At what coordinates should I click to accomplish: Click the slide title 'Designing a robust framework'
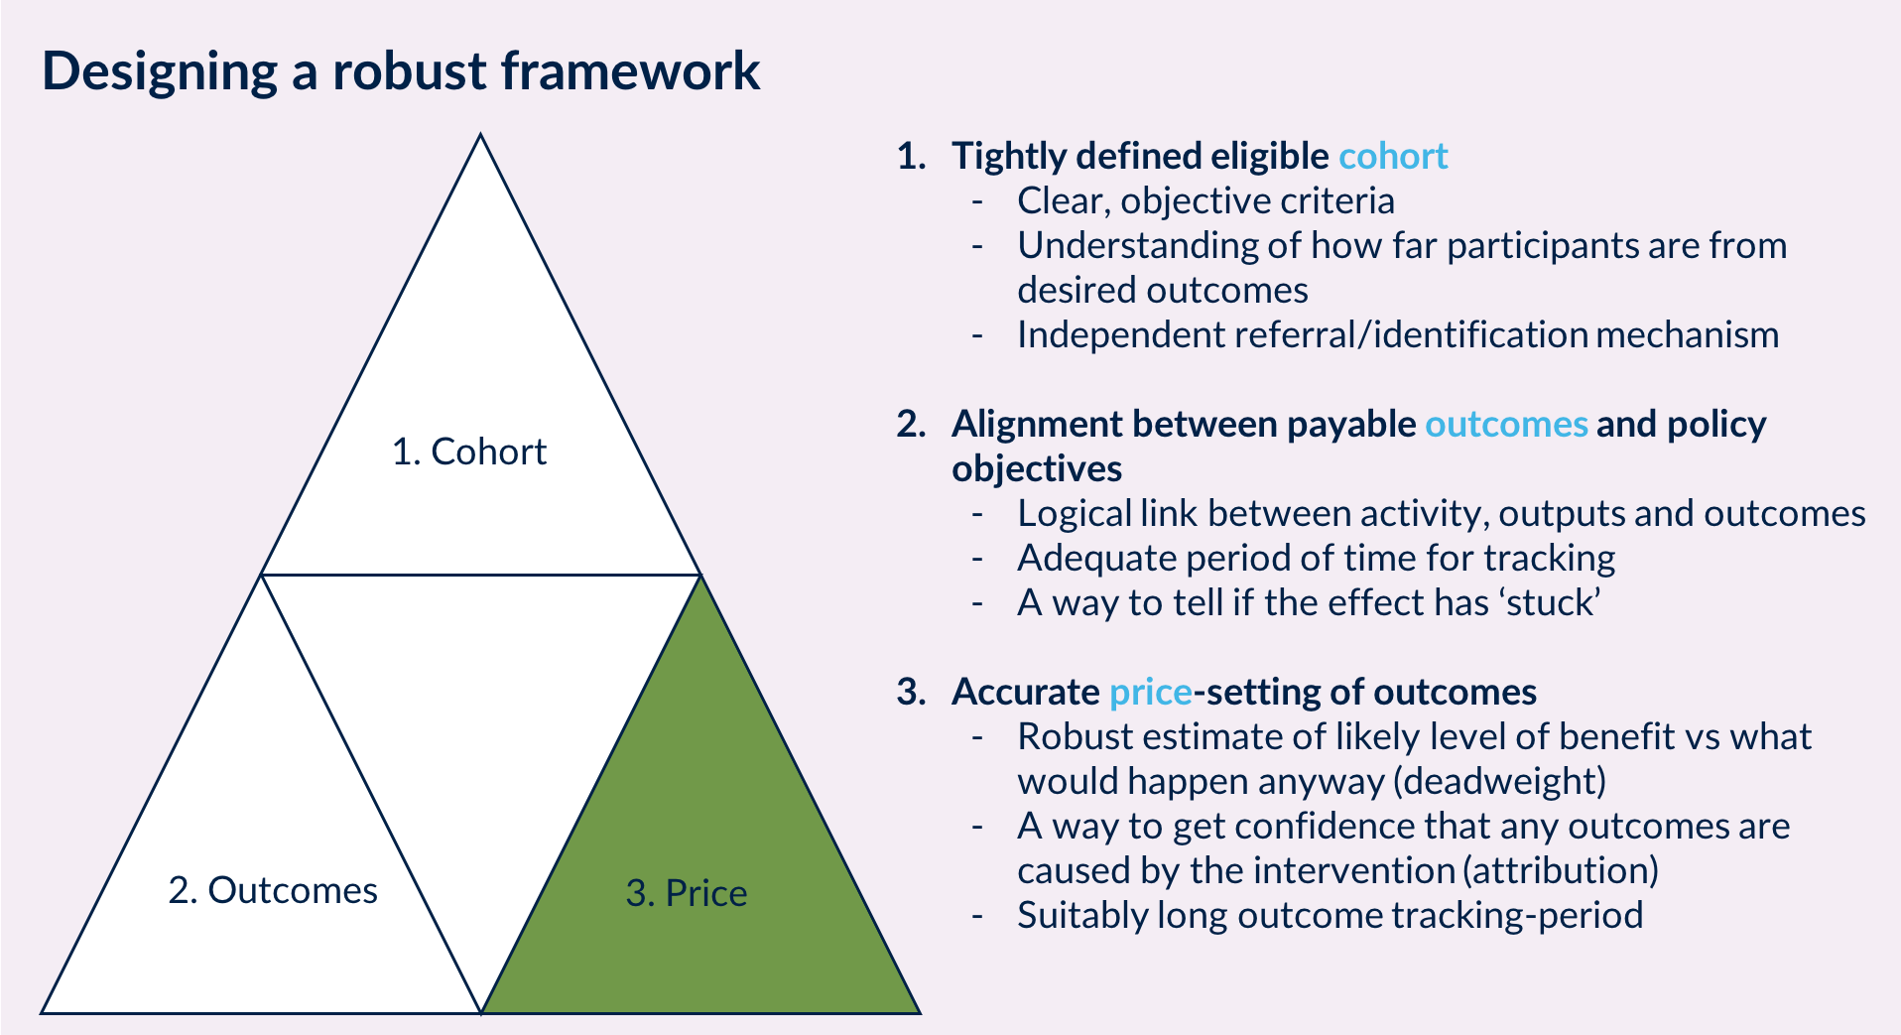click(x=401, y=72)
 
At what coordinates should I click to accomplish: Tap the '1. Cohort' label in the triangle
click(x=469, y=452)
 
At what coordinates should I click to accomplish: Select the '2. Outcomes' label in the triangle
click(x=273, y=890)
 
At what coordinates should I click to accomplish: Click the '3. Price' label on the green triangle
click(x=687, y=893)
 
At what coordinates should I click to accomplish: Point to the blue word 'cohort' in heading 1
click(x=1393, y=156)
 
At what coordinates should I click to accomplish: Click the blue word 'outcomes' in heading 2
click(x=1506, y=424)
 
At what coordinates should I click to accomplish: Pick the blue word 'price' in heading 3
click(x=1151, y=692)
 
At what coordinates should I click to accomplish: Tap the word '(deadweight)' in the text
click(x=1499, y=781)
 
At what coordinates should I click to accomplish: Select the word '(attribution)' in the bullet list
click(x=1561, y=870)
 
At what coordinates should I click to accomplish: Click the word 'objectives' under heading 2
click(x=1037, y=468)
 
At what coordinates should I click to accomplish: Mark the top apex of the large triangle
click(x=481, y=134)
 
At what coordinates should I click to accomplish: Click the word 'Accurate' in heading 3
click(x=1026, y=692)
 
